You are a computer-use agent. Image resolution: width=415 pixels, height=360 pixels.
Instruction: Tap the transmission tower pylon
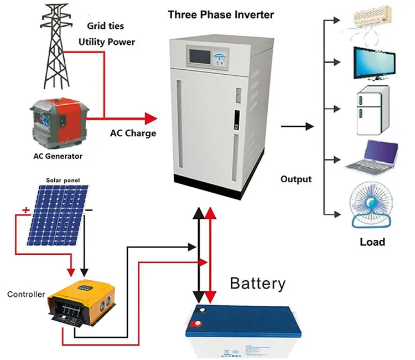click(56, 47)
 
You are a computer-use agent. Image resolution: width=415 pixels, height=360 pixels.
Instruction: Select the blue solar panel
click(58, 215)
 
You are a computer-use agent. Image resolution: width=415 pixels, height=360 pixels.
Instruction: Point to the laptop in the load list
click(372, 157)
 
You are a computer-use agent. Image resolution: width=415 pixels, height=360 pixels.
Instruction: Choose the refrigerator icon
click(373, 110)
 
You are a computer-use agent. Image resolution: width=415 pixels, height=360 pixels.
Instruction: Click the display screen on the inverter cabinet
click(200, 56)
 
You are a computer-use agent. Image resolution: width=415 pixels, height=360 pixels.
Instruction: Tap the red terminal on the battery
click(198, 323)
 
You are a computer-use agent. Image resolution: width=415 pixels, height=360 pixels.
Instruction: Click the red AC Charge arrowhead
click(151, 119)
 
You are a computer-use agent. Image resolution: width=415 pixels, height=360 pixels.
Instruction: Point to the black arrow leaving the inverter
click(297, 126)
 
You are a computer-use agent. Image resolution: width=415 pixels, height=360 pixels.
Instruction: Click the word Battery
click(258, 284)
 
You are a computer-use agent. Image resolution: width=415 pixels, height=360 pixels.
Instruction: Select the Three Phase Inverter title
click(221, 14)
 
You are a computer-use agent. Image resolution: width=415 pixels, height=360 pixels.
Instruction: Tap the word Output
click(296, 179)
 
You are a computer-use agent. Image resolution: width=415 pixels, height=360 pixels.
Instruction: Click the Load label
click(372, 242)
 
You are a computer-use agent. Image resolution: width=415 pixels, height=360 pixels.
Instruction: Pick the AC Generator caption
click(58, 156)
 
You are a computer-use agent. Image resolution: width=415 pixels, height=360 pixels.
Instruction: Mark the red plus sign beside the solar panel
click(26, 210)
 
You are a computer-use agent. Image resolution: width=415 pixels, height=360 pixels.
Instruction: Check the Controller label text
click(26, 294)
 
